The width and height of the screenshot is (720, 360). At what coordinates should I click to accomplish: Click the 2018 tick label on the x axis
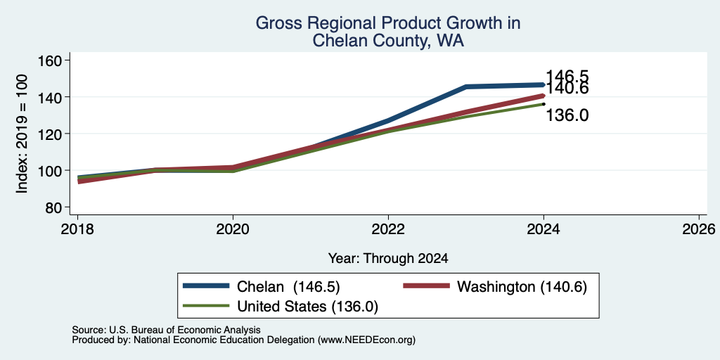pos(78,229)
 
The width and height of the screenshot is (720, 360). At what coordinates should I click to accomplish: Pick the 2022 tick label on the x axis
pos(388,229)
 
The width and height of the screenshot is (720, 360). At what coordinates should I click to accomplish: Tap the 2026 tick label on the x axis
pos(699,229)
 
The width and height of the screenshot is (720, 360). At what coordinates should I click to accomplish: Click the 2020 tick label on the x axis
pos(233,229)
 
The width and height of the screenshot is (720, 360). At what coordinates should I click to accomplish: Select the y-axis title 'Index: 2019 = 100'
pos(22,134)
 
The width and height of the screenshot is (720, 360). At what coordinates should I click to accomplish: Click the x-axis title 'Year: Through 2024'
pos(388,259)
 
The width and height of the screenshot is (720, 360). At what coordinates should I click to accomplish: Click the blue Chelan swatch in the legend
pos(206,285)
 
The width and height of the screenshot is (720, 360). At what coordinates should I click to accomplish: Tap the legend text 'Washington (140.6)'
pos(522,287)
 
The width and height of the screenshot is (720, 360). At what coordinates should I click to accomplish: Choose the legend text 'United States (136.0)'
pos(307,307)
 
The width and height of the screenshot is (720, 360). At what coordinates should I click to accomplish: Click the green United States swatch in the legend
pos(206,305)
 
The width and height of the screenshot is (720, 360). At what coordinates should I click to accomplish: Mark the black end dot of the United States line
pos(544,104)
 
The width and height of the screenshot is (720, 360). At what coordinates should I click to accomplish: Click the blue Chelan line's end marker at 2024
pos(544,85)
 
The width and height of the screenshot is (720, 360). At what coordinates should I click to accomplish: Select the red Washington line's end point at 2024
pos(544,96)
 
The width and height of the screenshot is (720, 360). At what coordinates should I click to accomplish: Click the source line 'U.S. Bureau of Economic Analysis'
pos(185,330)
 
